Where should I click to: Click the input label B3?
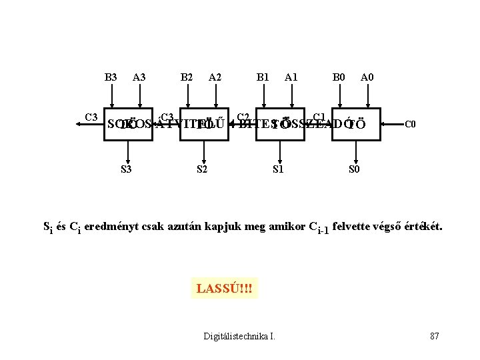tap(111, 77)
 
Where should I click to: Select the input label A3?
tap(139, 77)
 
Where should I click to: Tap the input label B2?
tap(187, 77)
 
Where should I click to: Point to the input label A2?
tap(215, 77)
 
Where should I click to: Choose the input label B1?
tap(263, 77)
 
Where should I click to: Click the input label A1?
tap(291, 77)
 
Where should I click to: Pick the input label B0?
tap(339, 77)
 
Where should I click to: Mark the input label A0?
tap(367, 77)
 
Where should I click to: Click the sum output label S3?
tap(125, 169)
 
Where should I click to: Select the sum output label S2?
tap(202, 169)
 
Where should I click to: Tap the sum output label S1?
tap(279, 169)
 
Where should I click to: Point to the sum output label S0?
tap(355, 169)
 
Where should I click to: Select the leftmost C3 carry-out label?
tap(91, 117)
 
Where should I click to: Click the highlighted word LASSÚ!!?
tap(224, 289)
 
